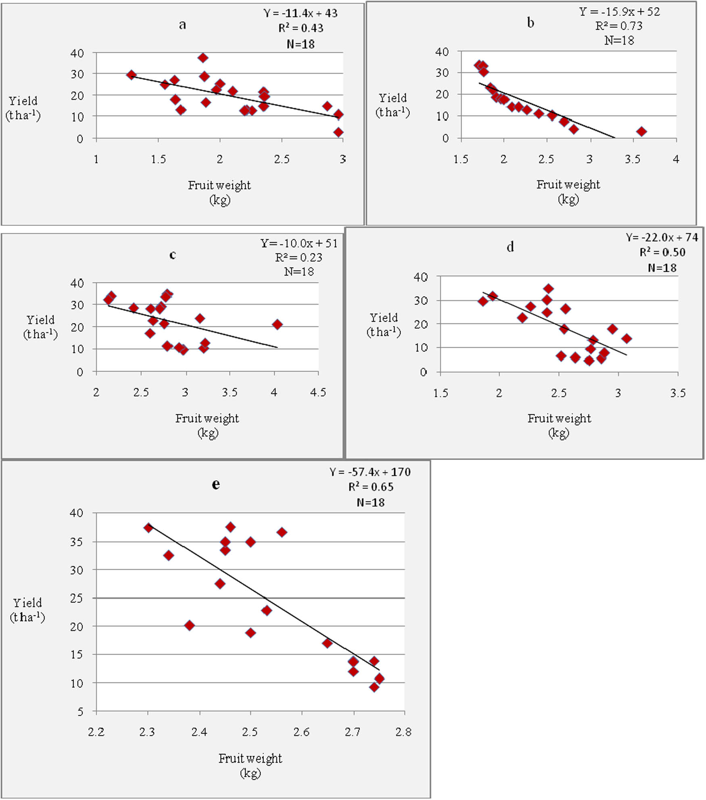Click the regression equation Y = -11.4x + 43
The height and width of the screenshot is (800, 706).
click(301, 13)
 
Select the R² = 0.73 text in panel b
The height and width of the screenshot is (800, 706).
click(619, 26)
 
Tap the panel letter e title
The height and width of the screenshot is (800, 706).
click(216, 484)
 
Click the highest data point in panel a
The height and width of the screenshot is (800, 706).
click(203, 58)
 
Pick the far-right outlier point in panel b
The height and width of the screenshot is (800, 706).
click(641, 132)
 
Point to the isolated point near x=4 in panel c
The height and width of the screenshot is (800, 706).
click(277, 324)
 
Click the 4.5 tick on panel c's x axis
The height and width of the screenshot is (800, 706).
click(318, 392)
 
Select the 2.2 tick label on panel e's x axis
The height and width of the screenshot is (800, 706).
click(96, 732)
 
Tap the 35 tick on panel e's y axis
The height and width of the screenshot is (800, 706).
click(76, 542)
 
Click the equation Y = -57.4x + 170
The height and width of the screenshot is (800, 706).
click(370, 472)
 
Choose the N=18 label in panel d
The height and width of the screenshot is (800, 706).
click(662, 268)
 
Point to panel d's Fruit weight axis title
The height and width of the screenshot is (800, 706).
click(559, 419)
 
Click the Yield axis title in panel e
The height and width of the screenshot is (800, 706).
click(27, 610)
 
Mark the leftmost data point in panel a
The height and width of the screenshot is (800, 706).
click(131, 75)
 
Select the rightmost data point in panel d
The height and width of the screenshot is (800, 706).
click(627, 338)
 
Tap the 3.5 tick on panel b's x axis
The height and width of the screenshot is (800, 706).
click(632, 159)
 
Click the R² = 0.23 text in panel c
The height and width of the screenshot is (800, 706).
click(299, 257)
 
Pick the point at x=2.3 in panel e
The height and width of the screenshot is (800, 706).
click(148, 527)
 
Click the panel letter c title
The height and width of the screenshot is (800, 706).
click(173, 255)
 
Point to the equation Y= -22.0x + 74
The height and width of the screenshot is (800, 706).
click(662, 238)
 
